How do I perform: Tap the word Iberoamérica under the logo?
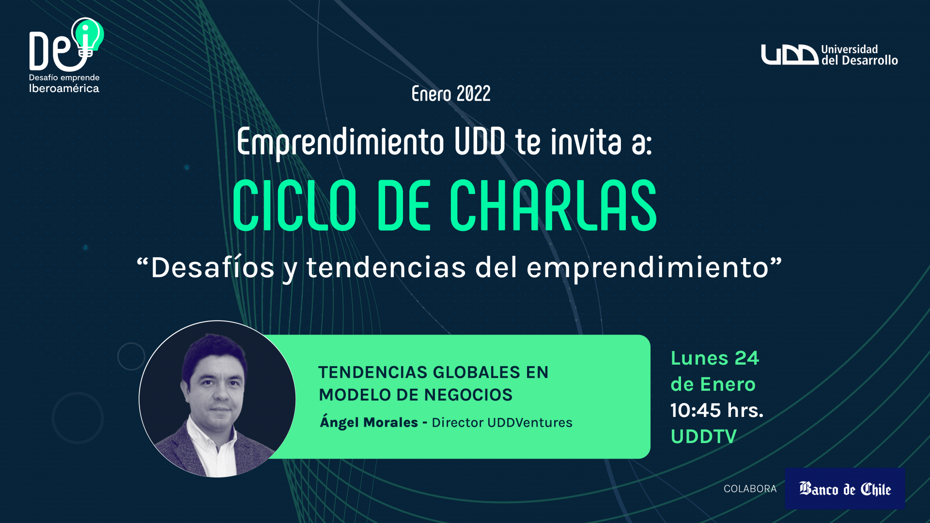coord(64,89)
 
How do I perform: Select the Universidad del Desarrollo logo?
coord(829,55)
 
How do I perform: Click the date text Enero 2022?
coord(451,93)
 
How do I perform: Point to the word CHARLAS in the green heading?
coord(553,205)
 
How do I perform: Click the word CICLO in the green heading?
coord(294,205)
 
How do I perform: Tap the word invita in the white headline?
coord(586,141)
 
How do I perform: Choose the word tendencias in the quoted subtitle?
coord(386,268)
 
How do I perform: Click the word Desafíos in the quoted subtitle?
coord(213,267)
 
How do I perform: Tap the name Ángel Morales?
coord(369,422)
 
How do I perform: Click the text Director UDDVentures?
coord(502,423)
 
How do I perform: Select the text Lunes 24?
coord(715,358)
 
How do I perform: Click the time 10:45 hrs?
coord(717,411)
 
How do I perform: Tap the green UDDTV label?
coord(704,437)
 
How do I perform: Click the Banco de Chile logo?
coord(845,489)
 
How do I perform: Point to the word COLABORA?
coord(750,489)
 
